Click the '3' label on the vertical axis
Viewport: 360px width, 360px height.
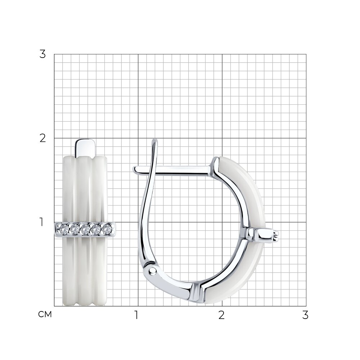pyautogui.click(x=43, y=54)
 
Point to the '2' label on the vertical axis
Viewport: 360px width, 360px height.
pyautogui.click(x=43, y=139)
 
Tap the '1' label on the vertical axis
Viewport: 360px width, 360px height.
pyautogui.click(x=41, y=222)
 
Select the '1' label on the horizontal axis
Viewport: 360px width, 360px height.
pyautogui.click(x=136, y=315)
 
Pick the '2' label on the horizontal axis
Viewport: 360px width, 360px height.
pyautogui.click(x=221, y=315)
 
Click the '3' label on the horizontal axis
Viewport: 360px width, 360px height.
pyautogui.click(x=305, y=315)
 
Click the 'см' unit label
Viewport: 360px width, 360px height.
pyautogui.click(x=45, y=314)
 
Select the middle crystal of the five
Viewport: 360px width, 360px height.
pyautogui.click(x=85, y=229)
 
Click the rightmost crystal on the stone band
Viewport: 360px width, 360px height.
pyautogui.click(x=106, y=229)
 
